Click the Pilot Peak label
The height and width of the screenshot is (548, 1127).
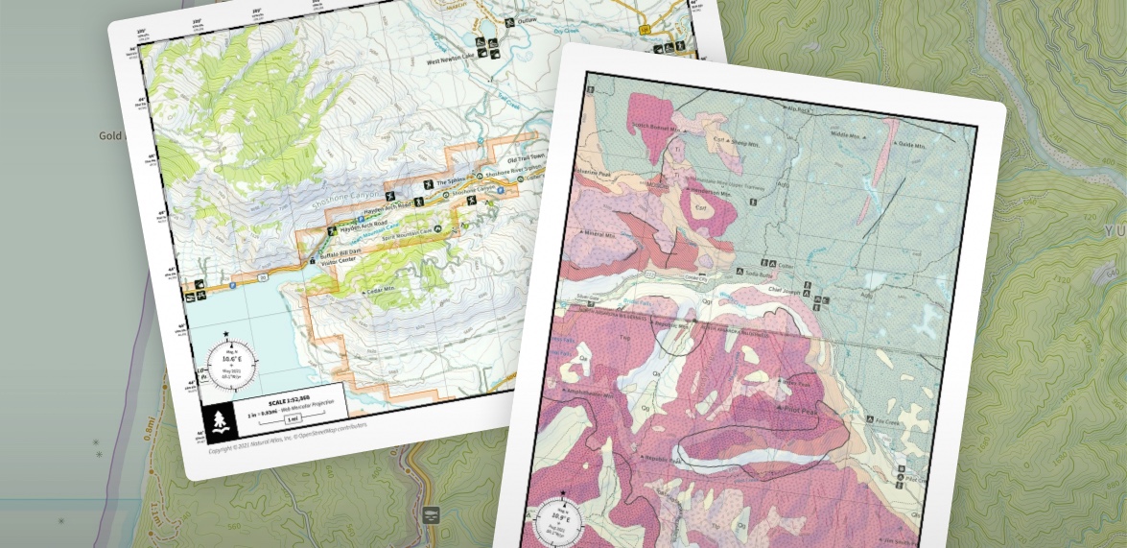click(814, 409)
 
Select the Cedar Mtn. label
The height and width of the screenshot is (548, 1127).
click(377, 289)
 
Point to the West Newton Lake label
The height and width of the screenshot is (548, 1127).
click(452, 60)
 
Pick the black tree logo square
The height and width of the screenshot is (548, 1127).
click(221, 418)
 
